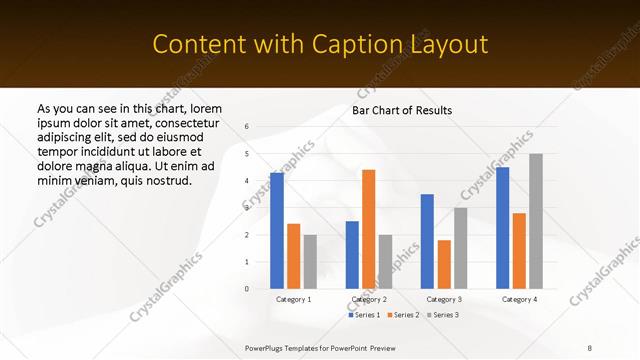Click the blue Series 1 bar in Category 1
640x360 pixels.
tap(277, 231)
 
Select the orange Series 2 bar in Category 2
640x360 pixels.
tap(368, 229)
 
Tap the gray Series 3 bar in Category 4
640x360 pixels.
tap(536, 221)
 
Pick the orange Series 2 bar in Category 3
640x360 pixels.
tap(444, 264)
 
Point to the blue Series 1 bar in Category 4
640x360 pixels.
tap(502, 228)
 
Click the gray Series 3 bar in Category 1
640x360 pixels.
tap(310, 262)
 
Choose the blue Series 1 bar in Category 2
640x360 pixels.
tap(352, 255)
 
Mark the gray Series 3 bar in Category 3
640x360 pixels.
tap(460, 248)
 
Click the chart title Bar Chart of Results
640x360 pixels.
tap(402, 110)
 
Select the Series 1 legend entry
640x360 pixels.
tap(364, 315)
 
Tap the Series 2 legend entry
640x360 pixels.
tap(402, 315)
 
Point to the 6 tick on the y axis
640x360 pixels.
tap(247, 127)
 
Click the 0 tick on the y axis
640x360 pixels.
tap(247, 289)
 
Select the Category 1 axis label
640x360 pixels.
tap(293, 299)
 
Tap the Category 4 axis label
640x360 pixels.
tap(519, 299)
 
